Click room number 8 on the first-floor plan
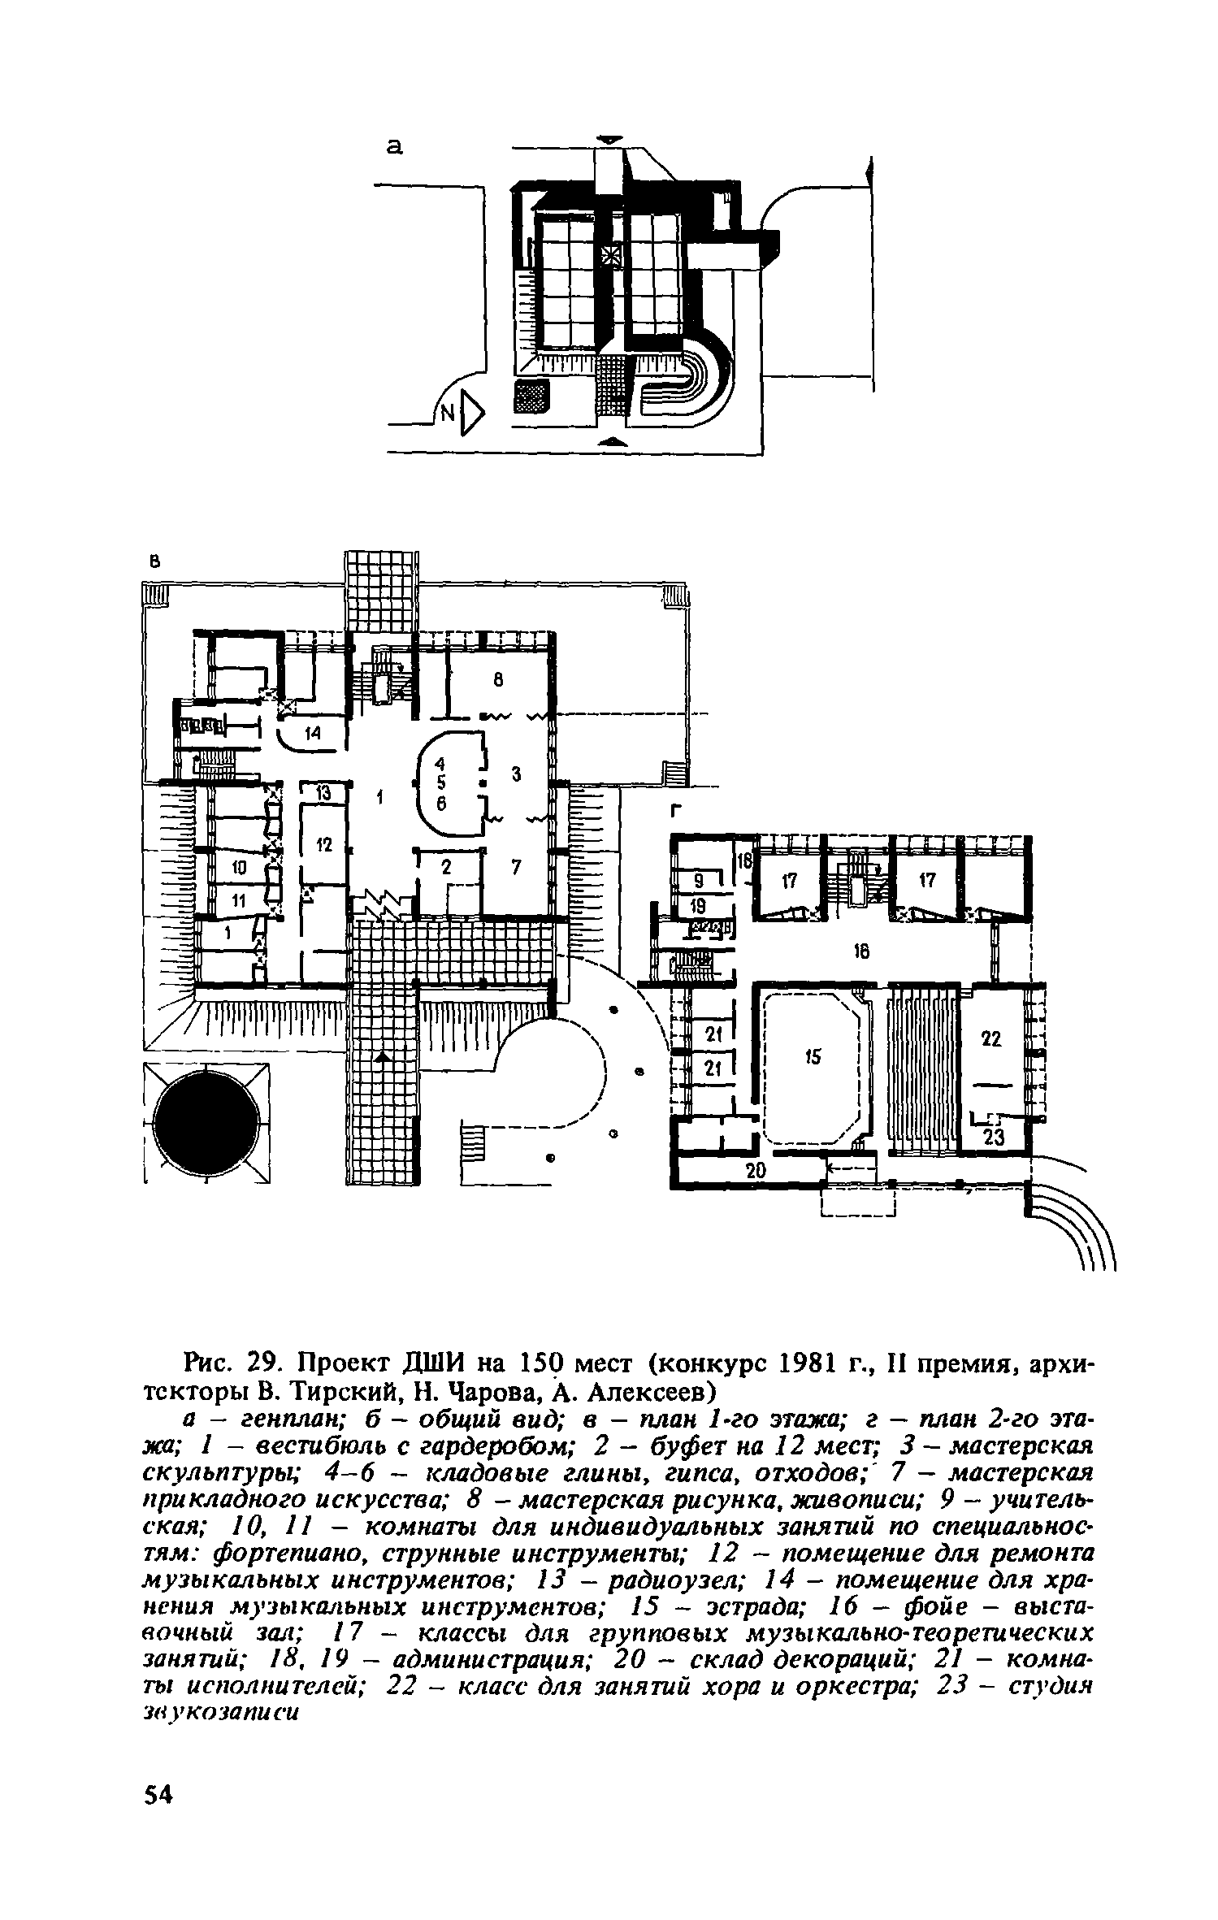(x=499, y=682)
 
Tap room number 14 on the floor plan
(x=313, y=733)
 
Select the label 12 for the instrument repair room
(x=324, y=845)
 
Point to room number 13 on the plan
(x=324, y=794)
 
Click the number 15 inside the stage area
(x=813, y=1056)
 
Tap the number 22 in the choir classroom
(x=992, y=1038)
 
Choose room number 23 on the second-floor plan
(x=994, y=1138)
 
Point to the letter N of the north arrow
(x=447, y=414)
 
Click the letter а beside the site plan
(x=395, y=147)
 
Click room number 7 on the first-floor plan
(x=515, y=867)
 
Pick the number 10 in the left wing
(x=239, y=869)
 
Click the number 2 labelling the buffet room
(x=445, y=869)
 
